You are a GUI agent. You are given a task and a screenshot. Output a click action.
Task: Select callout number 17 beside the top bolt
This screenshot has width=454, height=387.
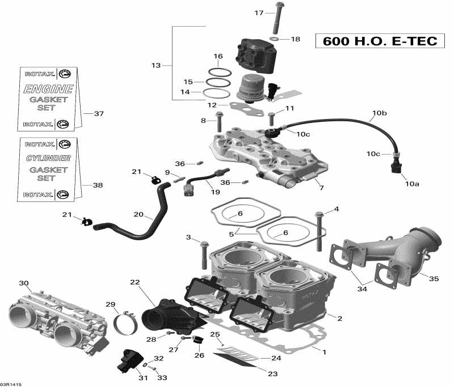tap(259, 12)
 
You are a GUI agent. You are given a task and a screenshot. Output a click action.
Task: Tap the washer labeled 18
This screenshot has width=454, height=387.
tap(275, 39)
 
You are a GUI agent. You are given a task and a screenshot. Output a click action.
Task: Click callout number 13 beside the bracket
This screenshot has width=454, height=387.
tap(156, 66)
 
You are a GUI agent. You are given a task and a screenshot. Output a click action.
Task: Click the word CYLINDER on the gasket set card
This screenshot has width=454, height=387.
tap(48, 158)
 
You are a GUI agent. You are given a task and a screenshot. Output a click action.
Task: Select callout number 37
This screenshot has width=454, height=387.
tap(99, 114)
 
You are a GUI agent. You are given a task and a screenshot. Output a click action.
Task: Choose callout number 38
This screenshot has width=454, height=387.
tap(98, 185)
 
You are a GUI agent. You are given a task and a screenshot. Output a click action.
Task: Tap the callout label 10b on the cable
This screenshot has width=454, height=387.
tap(380, 114)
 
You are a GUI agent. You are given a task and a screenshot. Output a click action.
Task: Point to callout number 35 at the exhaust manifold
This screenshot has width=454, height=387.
tap(434, 279)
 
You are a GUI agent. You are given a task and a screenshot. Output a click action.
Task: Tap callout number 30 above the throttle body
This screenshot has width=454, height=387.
tap(23, 283)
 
